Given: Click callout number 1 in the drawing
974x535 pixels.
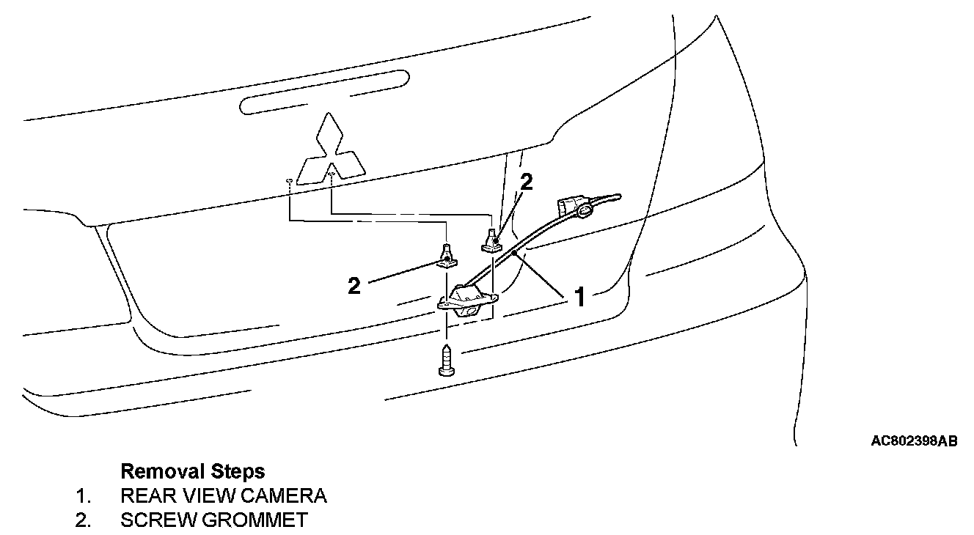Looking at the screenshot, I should pyautogui.click(x=579, y=298).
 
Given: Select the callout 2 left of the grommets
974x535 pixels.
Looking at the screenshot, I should pyautogui.click(x=354, y=285).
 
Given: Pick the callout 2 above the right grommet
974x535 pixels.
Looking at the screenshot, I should pyautogui.click(x=526, y=182).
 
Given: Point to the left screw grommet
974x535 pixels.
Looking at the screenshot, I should pyautogui.click(x=447, y=255).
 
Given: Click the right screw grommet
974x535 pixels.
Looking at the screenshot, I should pyautogui.click(x=493, y=240).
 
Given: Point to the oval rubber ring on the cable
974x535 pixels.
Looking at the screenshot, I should pyautogui.click(x=585, y=212).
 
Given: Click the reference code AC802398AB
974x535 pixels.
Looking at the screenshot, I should pyautogui.click(x=914, y=441).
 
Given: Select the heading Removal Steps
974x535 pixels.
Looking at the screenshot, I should pyautogui.click(x=192, y=470).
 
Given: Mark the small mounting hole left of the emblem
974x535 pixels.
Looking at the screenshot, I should pyautogui.click(x=290, y=180).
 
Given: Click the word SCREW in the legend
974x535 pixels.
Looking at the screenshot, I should pyautogui.click(x=156, y=520).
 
